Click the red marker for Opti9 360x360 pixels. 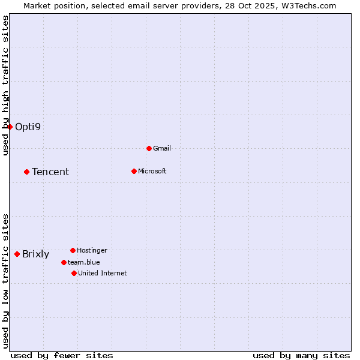point(10,127)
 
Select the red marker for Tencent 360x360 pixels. point(26,172)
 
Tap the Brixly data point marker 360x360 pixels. point(17,254)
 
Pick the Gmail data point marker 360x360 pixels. point(149,148)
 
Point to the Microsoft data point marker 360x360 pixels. point(134,171)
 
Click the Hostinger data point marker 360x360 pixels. point(73,250)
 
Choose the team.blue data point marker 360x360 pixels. point(64,262)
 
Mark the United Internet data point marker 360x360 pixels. point(74,273)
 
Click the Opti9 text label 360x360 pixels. point(28,127)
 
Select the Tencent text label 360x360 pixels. point(50,172)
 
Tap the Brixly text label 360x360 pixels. point(35,254)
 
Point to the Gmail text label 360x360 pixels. point(162,149)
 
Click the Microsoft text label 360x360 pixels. point(152,172)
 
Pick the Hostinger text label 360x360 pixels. point(92,251)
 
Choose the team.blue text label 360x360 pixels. point(83,263)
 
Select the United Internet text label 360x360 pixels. point(102,274)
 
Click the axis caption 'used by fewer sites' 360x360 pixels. point(62,355)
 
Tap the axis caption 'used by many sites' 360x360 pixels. point(301,355)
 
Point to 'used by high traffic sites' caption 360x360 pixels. point(5,86)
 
